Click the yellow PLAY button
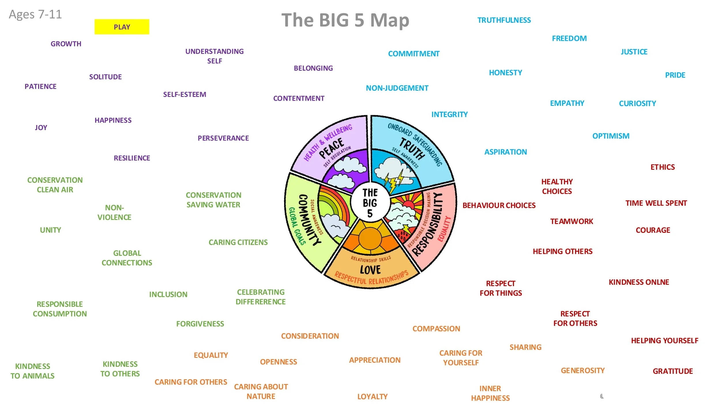point(122,27)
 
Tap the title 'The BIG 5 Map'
point(345,20)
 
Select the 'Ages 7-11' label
point(35,14)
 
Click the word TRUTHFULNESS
point(504,20)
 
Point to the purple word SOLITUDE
point(105,77)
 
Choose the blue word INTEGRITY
point(449,115)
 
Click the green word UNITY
point(50,230)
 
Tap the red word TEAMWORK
point(571,221)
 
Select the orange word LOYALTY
point(372,396)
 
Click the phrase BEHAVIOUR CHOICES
point(499,206)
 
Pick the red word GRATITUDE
point(673,371)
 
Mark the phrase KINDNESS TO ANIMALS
point(33,371)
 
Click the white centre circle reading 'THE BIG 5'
point(370,203)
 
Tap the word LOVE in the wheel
point(370,270)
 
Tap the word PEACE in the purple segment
point(332,148)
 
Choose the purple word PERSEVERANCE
point(223,138)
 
